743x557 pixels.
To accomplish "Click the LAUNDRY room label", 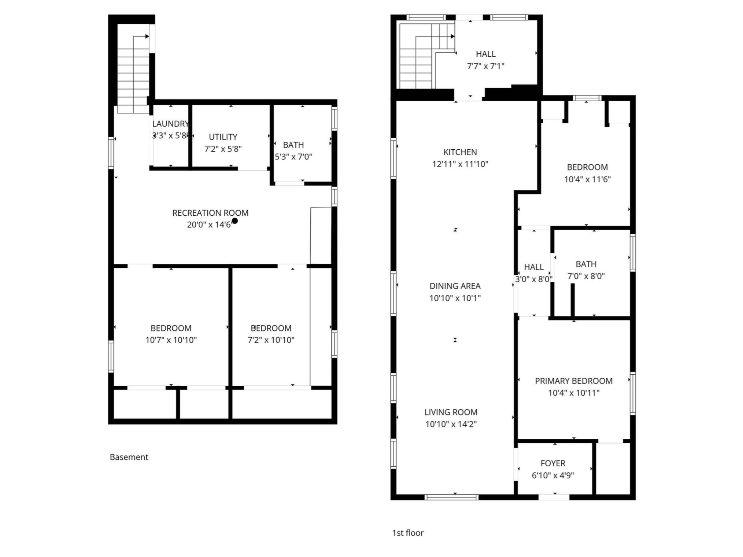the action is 170,124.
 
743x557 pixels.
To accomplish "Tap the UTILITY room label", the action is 223,137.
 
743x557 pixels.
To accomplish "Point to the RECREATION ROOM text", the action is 210,213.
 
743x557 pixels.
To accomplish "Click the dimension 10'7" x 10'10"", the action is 171,340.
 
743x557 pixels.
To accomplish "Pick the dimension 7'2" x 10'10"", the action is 271,340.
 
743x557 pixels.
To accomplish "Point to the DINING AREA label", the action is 455,286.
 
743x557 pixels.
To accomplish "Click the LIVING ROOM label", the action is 451,412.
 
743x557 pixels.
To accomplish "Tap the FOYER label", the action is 553,463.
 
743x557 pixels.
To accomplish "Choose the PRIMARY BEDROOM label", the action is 574,381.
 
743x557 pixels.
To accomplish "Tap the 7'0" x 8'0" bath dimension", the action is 586,276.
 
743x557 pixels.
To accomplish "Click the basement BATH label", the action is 293,145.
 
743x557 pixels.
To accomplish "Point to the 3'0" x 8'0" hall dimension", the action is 534,279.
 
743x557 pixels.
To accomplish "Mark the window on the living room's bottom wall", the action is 451,497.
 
